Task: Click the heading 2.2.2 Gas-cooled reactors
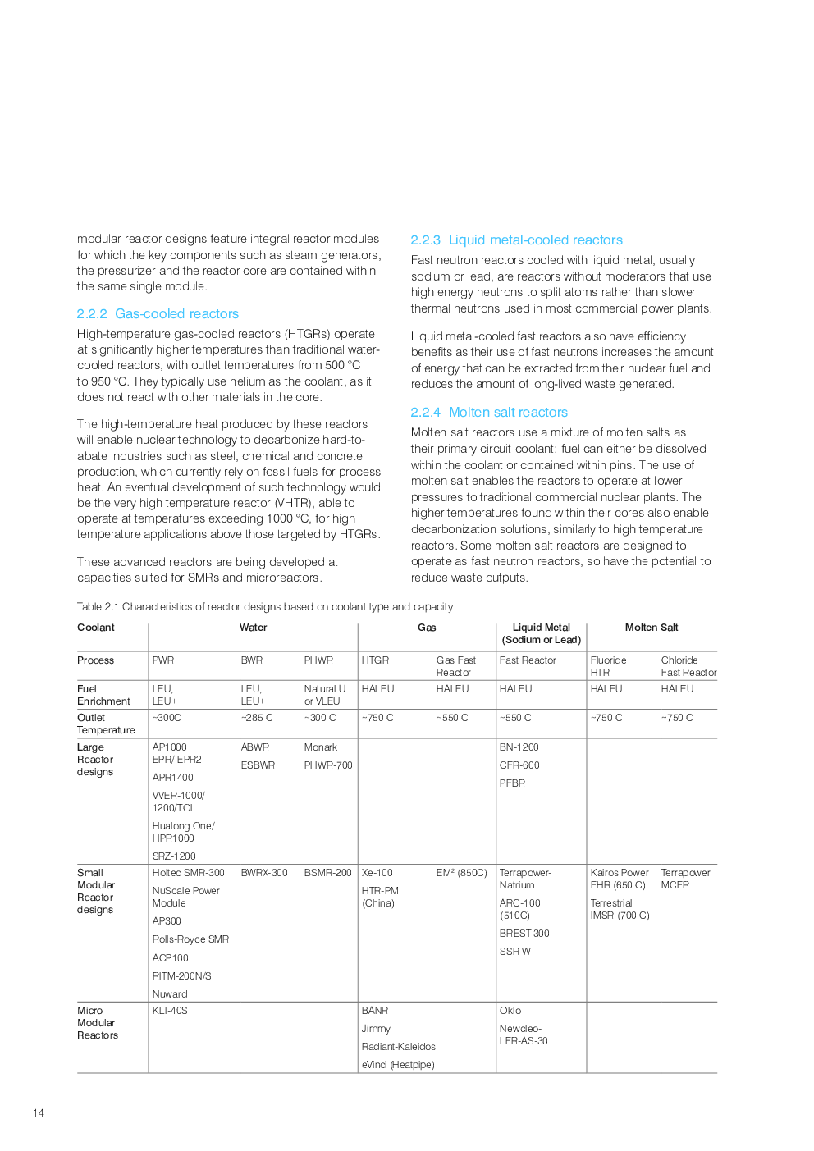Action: click(x=158, y=314)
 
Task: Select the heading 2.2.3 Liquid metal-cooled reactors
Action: click(x=516, y=240)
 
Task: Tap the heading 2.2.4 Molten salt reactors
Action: click(x=489, y=413)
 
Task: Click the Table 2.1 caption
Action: click(x=264, y=607)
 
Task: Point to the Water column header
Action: click(x=253, y=628)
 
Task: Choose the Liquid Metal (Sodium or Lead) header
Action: click(x=541, y=633)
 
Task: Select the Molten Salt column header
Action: click(x=652, y=628)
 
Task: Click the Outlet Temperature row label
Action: click(x=105, y=724)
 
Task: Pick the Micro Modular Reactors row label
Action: click(x=97, y=1023)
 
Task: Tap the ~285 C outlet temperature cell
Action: click(x=257, y=718)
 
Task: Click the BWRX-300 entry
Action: click(x=264, y=873)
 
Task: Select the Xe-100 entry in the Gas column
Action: click(x=377, y=873)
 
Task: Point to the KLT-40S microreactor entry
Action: click(x=170, y=1011)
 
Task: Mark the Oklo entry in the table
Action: click(x=510, y=1011)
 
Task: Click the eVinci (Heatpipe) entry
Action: click(x=398, y=1065)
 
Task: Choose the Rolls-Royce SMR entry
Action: click(x=190, y=939)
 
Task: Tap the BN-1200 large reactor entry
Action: click(x=519, y=747)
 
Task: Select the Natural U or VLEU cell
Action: click(x=324, y=695)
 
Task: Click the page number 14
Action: click(x=39, y=1113)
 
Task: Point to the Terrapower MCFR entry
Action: click(x=685, y=879)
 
